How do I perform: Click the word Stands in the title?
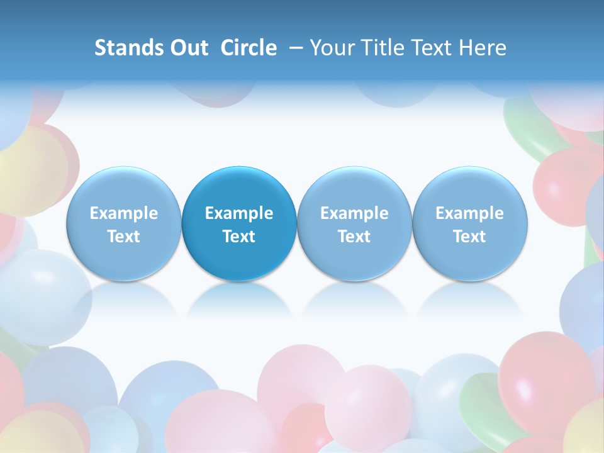click(x=128, y=48)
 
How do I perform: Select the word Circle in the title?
click(x=249, y=48)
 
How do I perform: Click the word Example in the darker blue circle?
click(x=239, y=213)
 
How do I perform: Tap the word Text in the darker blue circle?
click(x=239, y=237)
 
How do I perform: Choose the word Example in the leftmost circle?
click(x=124, y=213)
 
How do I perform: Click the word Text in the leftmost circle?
click(x=124, y=237)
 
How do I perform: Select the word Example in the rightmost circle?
click(x=469, y=213)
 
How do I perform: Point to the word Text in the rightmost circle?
click(x=469, y=237)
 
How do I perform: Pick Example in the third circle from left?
click(x=354, y=213)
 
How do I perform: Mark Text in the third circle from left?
click(x=354, y=237)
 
